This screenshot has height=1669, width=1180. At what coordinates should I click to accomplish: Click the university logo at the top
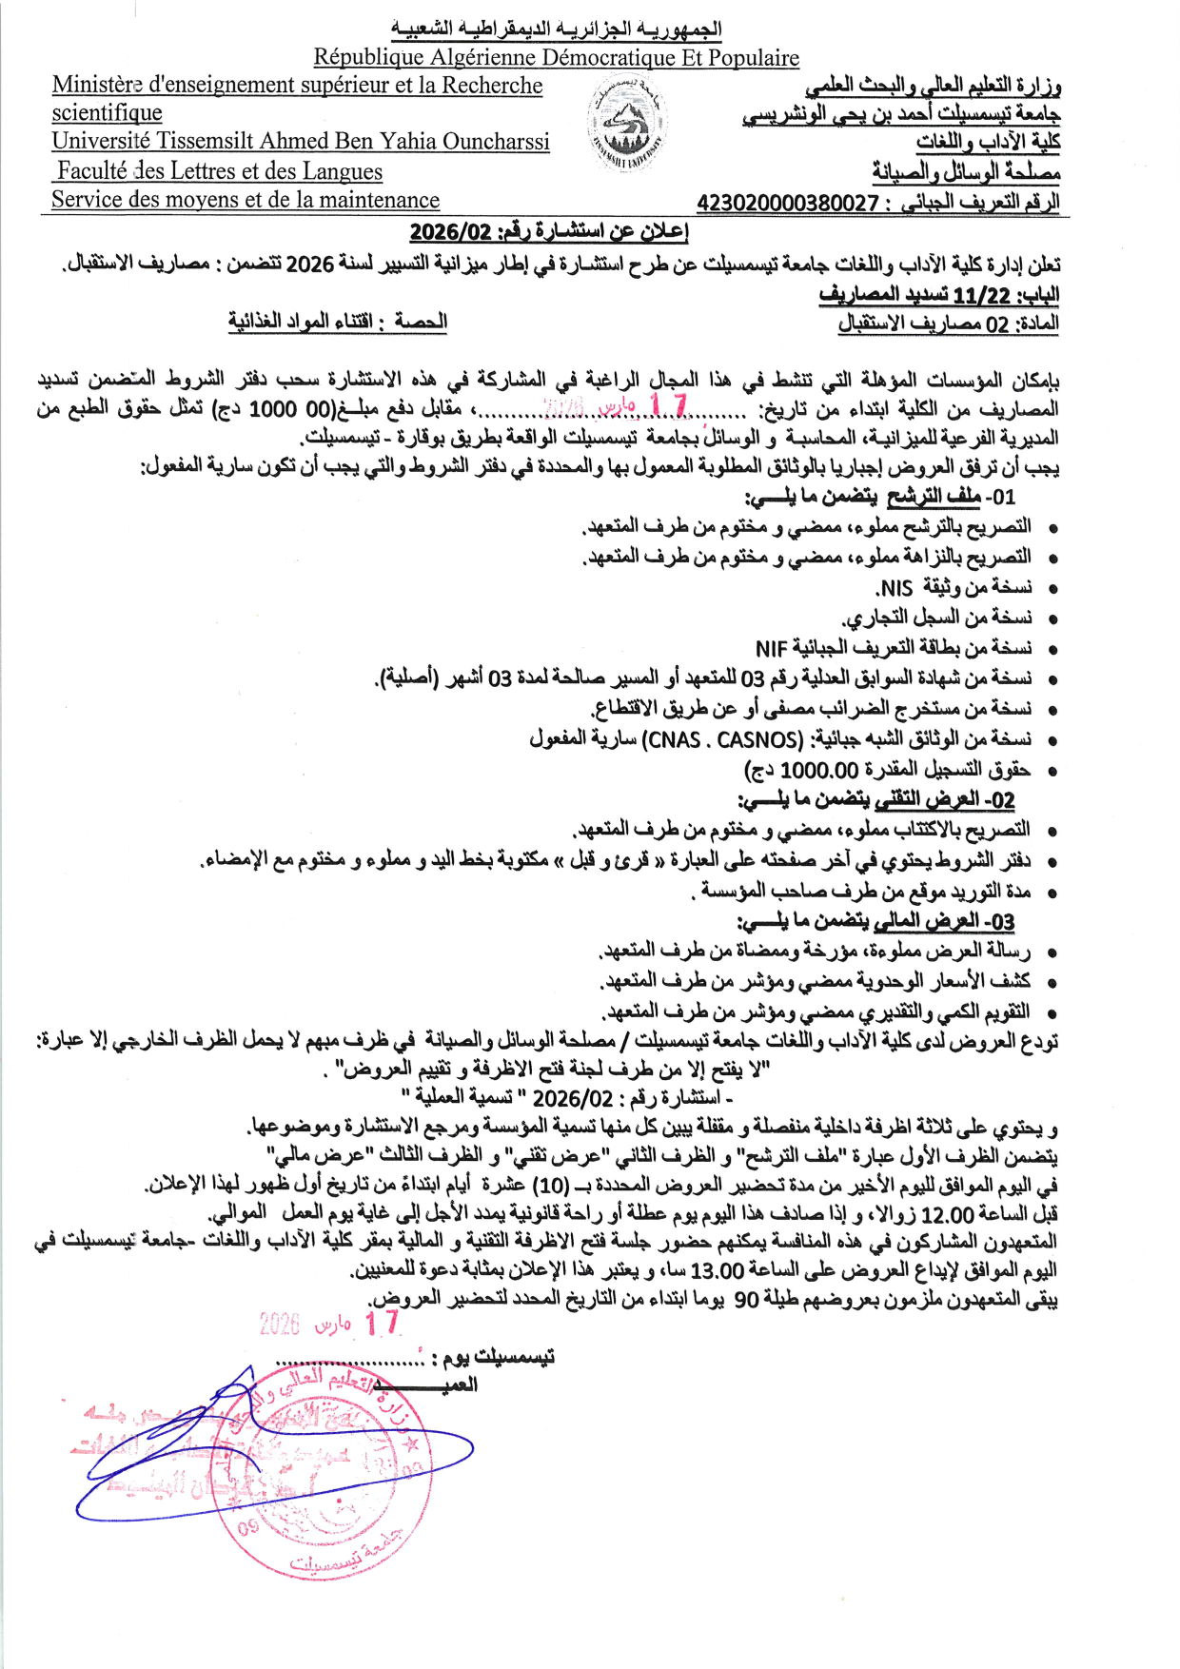[x=626, y=123]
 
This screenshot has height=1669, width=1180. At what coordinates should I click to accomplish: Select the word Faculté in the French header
[x=93, y=171]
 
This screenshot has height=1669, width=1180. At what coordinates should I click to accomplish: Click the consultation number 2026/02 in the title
[x=450, y=232]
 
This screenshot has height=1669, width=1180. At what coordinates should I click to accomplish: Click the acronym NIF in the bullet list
[x=771, y=649]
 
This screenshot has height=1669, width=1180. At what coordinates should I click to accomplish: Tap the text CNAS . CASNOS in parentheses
[x=723, y=739]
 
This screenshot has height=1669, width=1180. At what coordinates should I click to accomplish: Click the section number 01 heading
[x=1001, y=497]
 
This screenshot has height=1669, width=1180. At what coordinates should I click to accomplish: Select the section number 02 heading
[x=1001, y=800]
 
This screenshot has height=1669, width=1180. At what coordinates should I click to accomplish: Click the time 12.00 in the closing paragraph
[x=948, y=1215]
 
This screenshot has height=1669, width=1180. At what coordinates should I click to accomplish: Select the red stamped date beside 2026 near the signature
[x=382, y=1323]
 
